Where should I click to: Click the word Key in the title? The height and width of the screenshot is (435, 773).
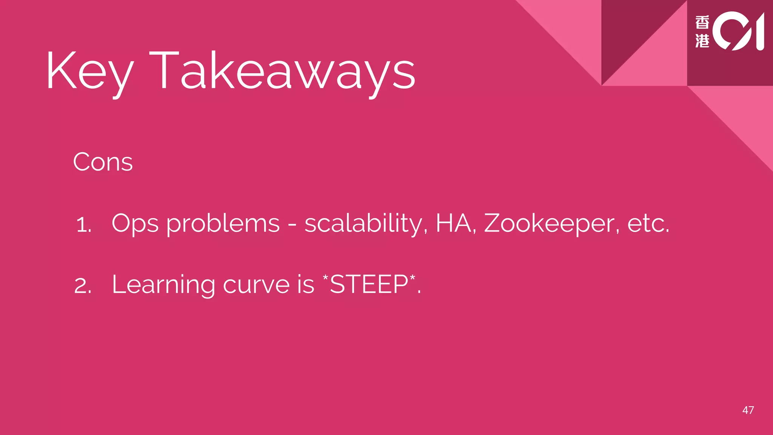click(x=90, y=72)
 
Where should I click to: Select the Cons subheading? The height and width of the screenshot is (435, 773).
click(x=103, y=162)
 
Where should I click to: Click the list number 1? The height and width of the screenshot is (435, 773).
click(x=83, y=225)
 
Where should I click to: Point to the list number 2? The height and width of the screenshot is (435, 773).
click(x=83, y=286)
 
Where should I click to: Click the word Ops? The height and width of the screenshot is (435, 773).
click(x=135, y=224)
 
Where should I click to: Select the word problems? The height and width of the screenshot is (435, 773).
click(x=223, y=224)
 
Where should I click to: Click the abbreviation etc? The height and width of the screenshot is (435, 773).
click(x=648, y=224)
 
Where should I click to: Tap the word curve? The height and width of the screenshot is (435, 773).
click(x=256, y=285)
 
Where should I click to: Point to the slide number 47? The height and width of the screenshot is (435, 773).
click(x=748, y=410)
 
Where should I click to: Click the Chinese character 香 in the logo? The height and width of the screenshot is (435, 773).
click(x=702, y=23)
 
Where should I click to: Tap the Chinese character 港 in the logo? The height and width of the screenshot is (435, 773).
click(x=702, y=40)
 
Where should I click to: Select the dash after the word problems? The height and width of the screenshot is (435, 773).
click(x=292, y=225)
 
